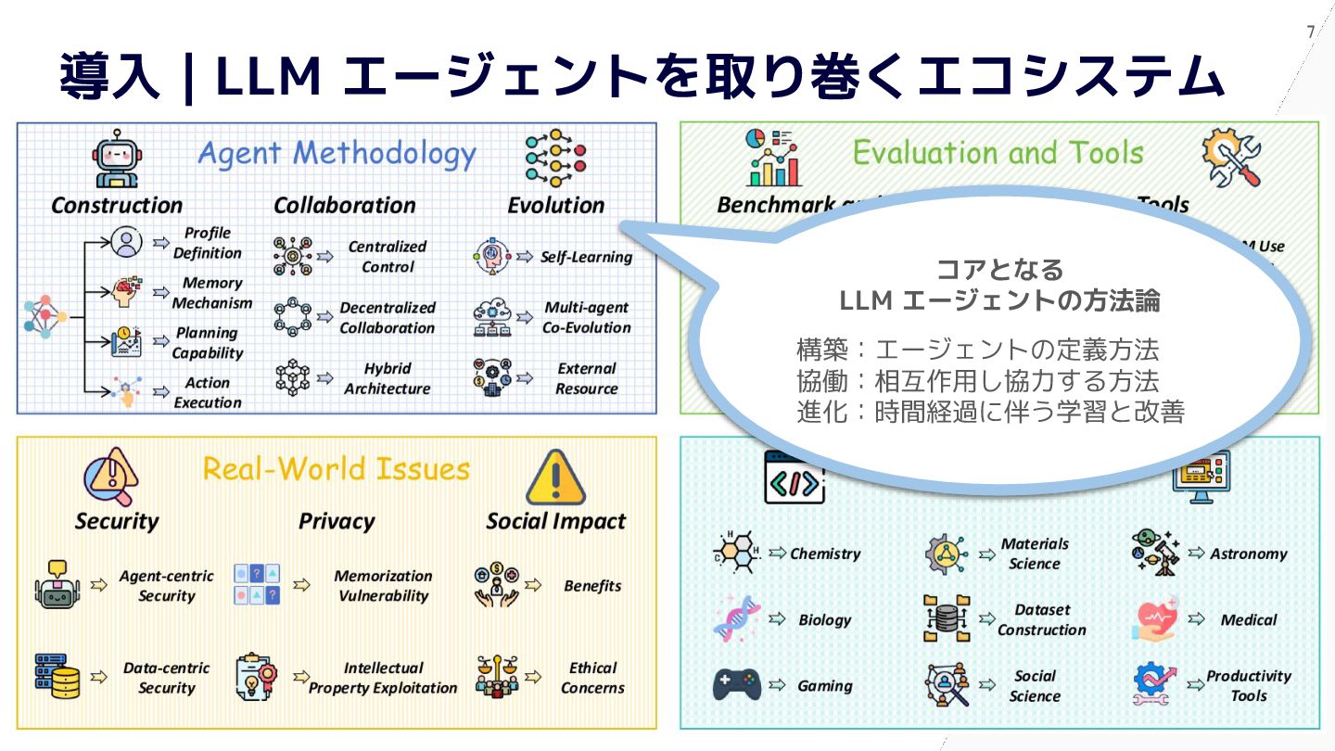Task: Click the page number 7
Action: pos(1311,32)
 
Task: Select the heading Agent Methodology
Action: pos(337,154)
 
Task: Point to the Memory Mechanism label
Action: pos(211,293)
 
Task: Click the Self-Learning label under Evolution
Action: pos(586,257)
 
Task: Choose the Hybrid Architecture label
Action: pos(387,378)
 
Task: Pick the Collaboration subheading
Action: pos(344,205)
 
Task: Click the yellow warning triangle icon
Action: pos(555,477)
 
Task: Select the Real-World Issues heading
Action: pos(336,468)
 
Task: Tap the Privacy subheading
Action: pos(336,521)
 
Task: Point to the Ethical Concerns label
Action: pos(592,678)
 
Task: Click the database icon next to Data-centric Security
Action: pos(57,676)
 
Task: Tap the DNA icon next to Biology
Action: pos(737,619)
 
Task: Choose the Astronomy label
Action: pos(1248,554)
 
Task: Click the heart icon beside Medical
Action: pos(1154,619)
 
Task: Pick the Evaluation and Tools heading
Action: pos(998,152)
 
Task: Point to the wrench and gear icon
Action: pos(1231,159)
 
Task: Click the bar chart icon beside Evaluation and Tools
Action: pos(773,159)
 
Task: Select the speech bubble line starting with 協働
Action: pos(977,381)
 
